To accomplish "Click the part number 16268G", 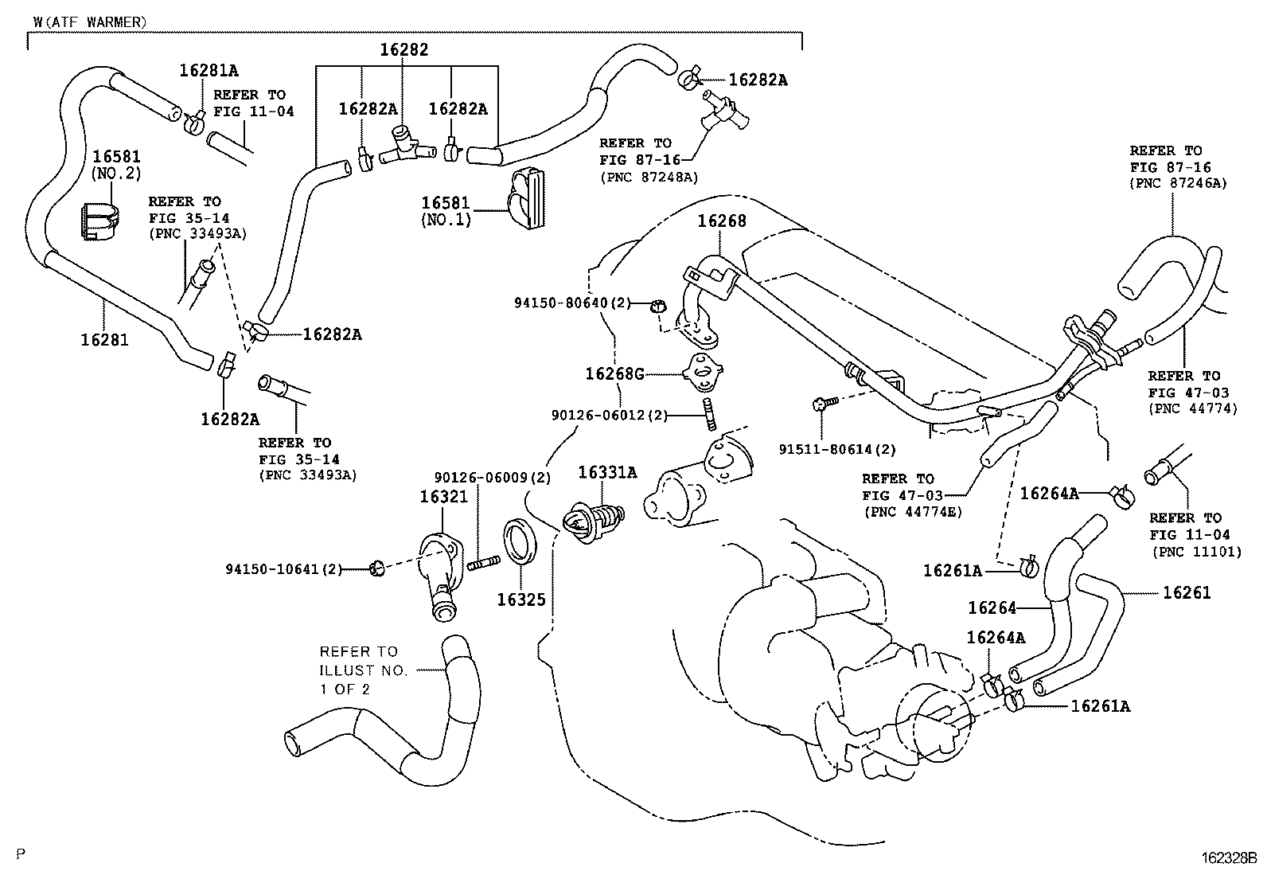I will coord(614,373).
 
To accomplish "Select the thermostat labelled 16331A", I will coord(592,519).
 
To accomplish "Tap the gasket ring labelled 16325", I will coord(522,541).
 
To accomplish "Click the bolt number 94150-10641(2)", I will coord(283,568).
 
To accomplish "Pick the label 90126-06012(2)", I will coord(610,415).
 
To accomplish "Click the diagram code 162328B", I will coord(1228,858).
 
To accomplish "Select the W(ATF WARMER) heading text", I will coord(90,22).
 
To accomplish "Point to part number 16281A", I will coord(209,70).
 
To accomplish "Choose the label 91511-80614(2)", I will coord(837,449).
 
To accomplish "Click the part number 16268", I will coord(722,221).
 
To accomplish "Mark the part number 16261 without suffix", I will coord(1186,592).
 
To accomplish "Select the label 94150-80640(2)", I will coord(572,303).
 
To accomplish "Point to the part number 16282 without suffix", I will coord(403,49).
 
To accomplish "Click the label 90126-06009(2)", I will coord(493,478).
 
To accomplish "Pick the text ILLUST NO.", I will coord(363,670).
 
